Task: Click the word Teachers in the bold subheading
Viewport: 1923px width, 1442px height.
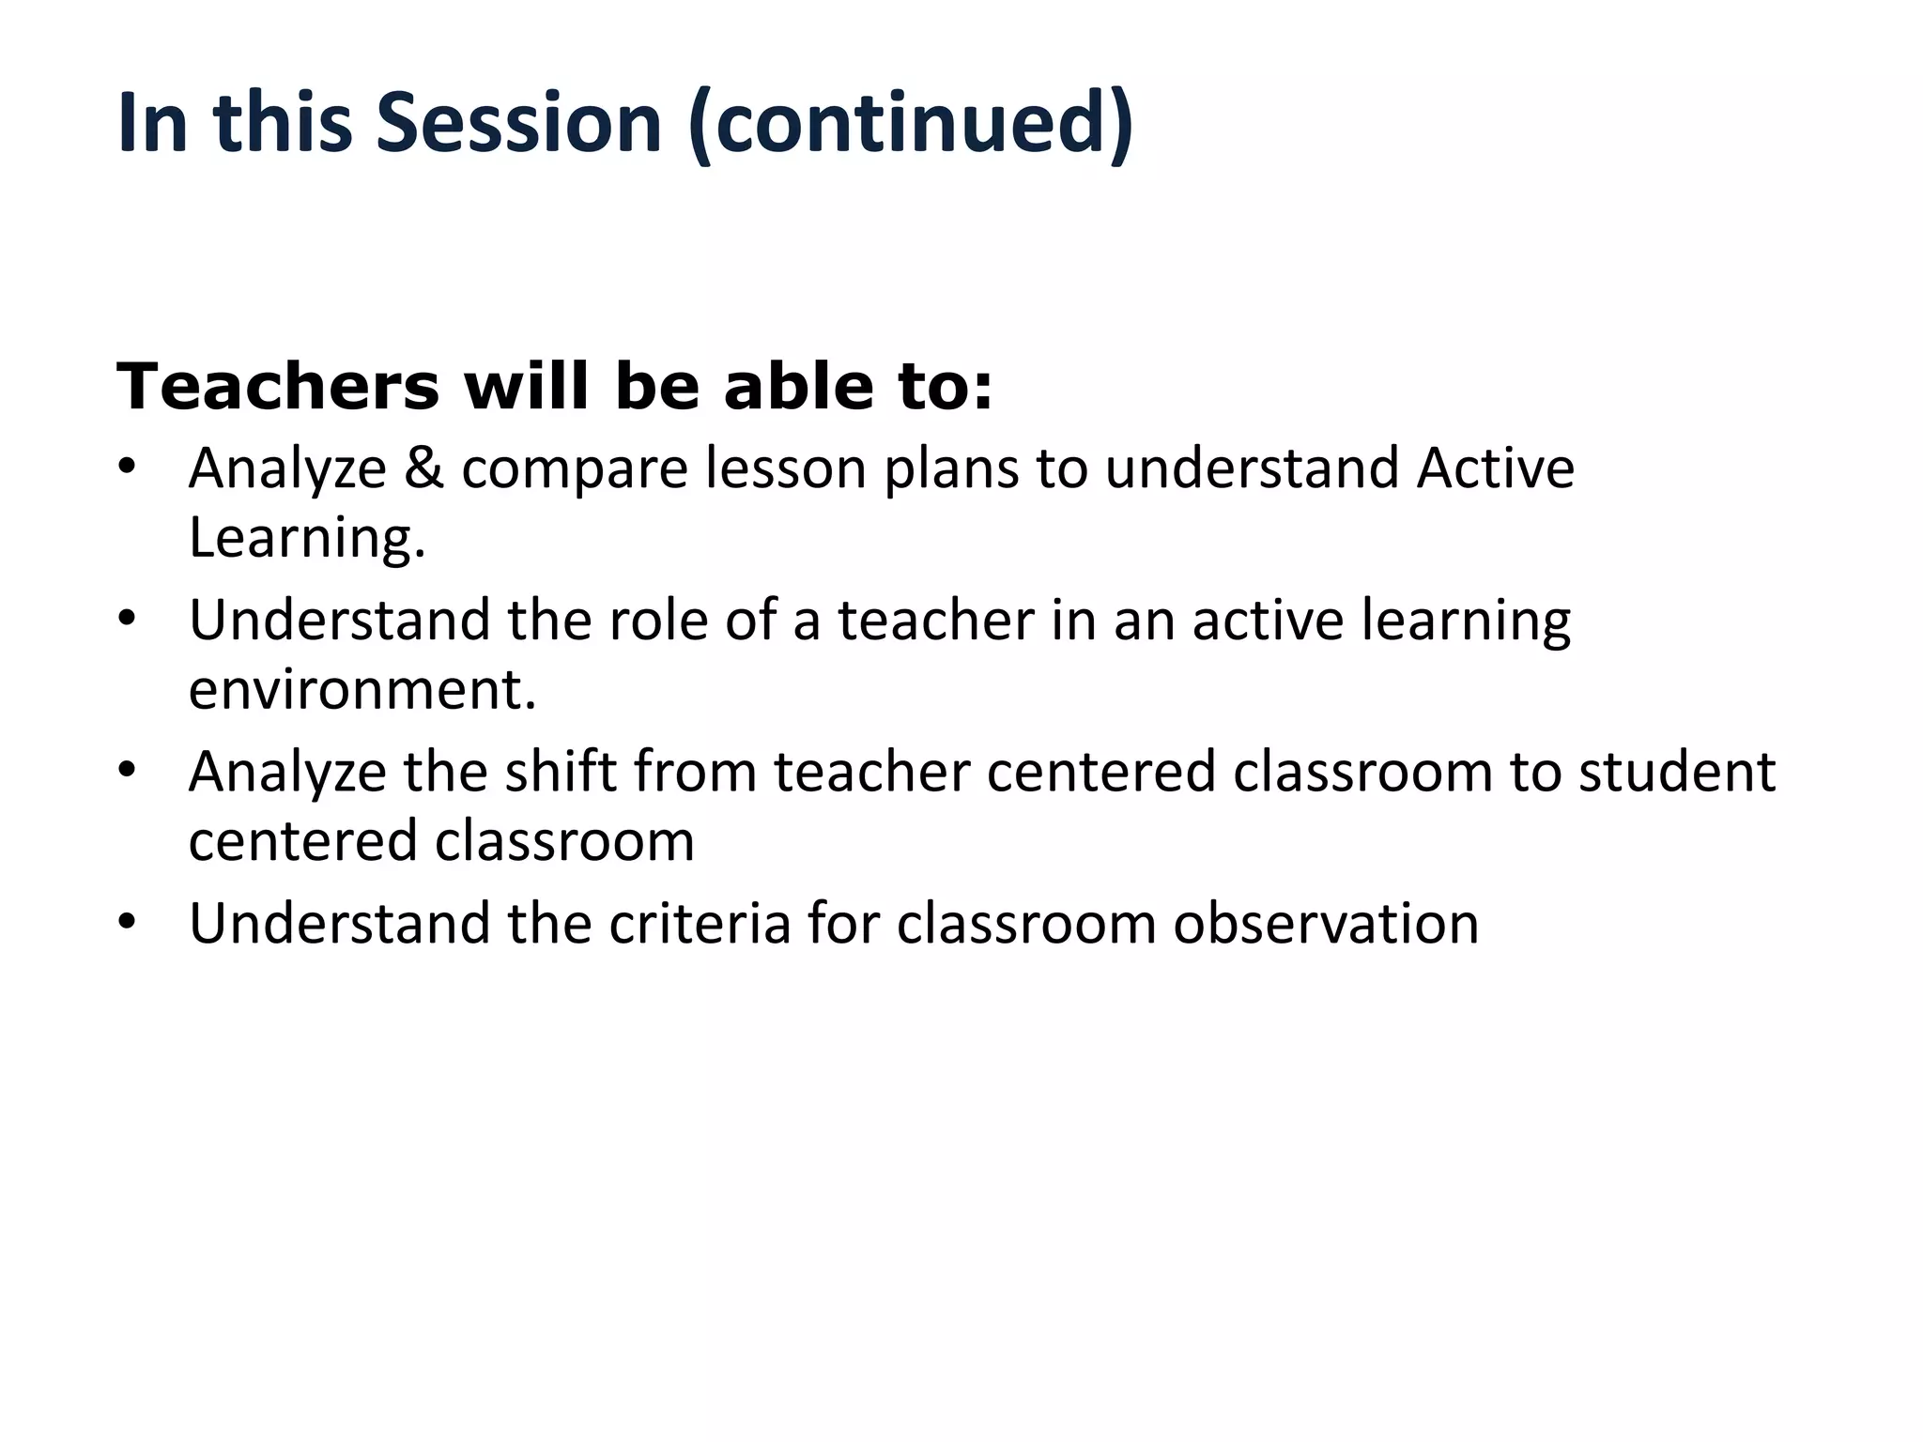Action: coord(278,387)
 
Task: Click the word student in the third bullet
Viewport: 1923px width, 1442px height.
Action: coord(1676,772)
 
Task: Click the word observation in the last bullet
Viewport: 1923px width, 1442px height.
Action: coord(1326,923)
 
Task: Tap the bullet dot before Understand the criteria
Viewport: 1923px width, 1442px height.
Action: coord(128,923)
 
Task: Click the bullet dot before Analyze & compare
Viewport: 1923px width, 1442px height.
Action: coord(128,468)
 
